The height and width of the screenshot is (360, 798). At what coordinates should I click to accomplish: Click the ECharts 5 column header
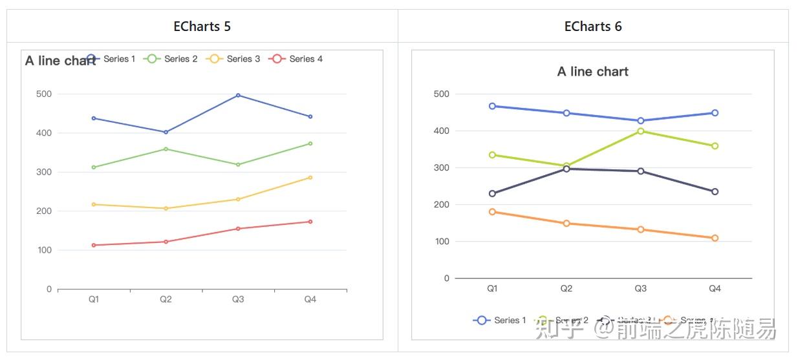click(x=202, y=26)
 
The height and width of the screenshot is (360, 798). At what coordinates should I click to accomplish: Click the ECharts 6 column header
click(x=593, y=26)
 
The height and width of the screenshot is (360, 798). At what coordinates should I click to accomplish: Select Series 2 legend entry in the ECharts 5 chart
click(x=172, y=59)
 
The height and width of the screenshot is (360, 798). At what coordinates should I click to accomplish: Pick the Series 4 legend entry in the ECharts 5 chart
click(x=297, y=59)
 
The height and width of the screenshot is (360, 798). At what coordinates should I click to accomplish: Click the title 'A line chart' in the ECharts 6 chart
click(x=593, y=72)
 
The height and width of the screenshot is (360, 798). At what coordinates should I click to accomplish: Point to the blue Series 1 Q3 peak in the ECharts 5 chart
click(x=238, y=95)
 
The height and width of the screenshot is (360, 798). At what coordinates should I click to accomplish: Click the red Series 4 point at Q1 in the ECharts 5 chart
click(x=94, y=245)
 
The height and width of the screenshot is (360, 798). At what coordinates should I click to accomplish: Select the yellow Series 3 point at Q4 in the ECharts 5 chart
click(x=310, y=177)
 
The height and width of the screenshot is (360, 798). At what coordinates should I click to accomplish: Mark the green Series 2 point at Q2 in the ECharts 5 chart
click(x=166, y=149)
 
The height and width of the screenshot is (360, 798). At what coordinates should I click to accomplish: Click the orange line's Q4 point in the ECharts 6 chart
click(x=715, y=238)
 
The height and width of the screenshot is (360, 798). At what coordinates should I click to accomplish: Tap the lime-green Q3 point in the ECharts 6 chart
click(x=640, y=131)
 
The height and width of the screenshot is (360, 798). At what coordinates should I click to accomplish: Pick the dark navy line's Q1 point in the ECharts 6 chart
click(x=492, y=193)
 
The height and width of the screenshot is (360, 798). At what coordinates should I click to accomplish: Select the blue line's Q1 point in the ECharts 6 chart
click(x=492, y=106)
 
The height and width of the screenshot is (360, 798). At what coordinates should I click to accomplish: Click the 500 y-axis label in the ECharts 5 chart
click(x=44, y=94)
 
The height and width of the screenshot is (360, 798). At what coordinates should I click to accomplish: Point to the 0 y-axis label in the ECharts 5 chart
click(x=49, y=289)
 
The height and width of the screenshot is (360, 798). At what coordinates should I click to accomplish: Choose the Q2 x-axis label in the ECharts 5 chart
click(x=166, y=299)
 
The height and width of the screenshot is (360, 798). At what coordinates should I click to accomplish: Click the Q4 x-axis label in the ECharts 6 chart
click(x=715, y=289)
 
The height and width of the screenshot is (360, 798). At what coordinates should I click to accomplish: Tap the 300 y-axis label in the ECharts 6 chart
click(x=442, y=167)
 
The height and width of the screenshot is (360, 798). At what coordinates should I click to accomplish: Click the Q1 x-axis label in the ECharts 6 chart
click(x=492, y=289)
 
